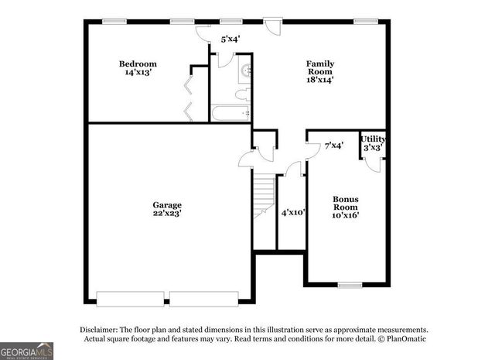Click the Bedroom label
(x=138, y=63)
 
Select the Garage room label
(x=167, y=205)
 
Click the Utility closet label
(x=373, y=139)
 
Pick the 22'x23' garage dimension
(x=167, y=214)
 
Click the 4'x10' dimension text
(x=293, y=212)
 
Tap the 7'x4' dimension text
(x=333, y=145)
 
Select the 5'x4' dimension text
(x=230, y=38)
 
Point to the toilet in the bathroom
(x=241, y=96)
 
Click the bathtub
(x=230, y=114)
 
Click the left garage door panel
(x=129, y=298)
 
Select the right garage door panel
(x=203, y=298)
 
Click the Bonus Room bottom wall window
(x=350, y=285)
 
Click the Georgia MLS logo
(x=26, y=350)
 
